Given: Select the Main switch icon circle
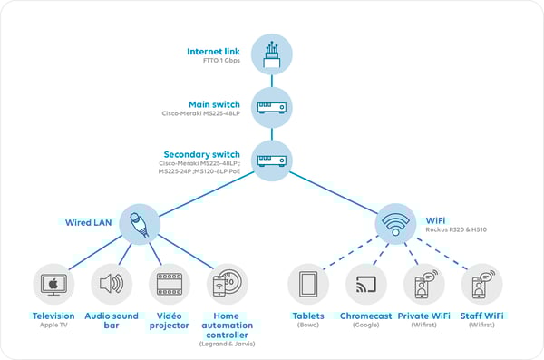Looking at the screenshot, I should point(272,107).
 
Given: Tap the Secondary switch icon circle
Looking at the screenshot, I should point(272,161).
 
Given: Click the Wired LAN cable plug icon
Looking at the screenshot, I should point(140,222).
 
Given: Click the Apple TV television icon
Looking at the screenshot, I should point(53,284).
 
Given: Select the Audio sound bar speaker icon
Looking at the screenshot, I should point(111,284).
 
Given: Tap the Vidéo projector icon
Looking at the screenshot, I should point(169,284).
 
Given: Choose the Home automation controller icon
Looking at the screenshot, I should point(226,284).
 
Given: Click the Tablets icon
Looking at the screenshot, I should point(308,284).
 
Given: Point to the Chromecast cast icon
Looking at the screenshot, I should point(366,284).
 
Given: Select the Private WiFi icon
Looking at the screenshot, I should point(423,284).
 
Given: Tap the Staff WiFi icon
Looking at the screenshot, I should point(481,284).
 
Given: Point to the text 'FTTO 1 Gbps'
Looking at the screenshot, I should point(220,61).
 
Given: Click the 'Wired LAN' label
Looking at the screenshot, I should point(89,221).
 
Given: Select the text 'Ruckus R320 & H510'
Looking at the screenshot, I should point(455,230).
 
